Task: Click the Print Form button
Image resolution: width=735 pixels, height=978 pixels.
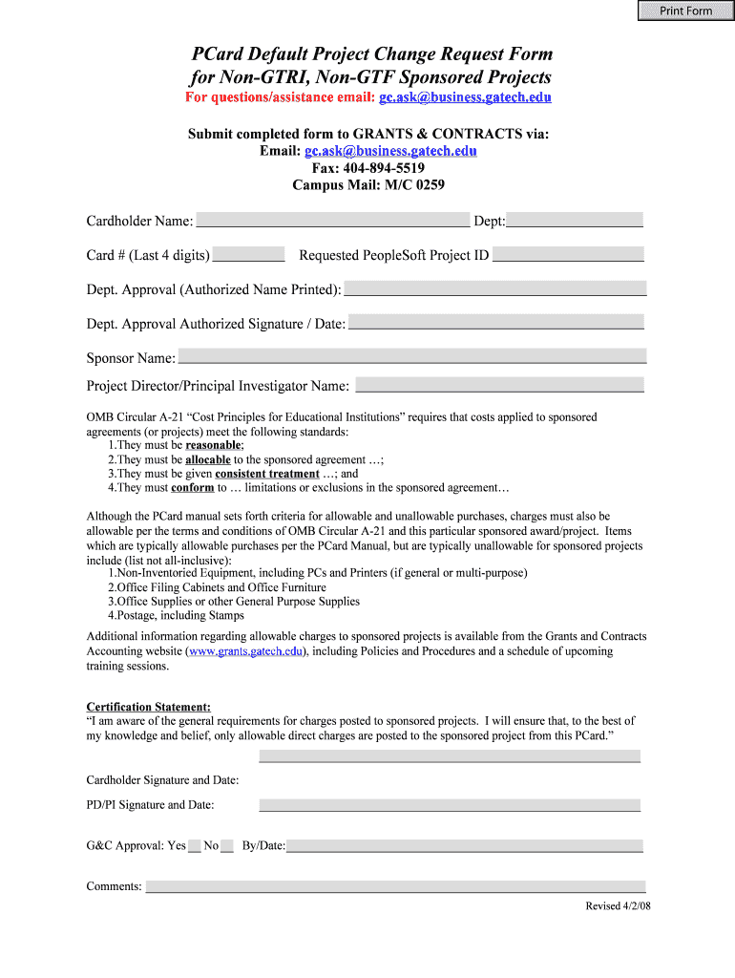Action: [685, 11]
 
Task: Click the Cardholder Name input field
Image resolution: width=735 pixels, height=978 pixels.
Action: [332, 220]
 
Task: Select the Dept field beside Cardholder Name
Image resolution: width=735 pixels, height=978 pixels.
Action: [575, 220]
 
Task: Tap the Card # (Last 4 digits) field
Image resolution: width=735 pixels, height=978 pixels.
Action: [248, 254]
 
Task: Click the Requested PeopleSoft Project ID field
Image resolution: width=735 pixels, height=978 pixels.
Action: [568, 254]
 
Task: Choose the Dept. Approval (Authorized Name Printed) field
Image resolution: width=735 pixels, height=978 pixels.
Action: [495, 288]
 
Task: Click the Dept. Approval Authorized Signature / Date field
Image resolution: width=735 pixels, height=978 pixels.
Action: [496, 323]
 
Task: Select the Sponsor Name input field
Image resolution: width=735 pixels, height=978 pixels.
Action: [412, 356]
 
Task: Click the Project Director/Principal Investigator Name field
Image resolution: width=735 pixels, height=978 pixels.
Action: [499, 385]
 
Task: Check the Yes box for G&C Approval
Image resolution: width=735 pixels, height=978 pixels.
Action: [194, 845]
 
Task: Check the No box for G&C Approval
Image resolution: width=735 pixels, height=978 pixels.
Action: [226, 845]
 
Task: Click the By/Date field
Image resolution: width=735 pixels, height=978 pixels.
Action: [465, 845]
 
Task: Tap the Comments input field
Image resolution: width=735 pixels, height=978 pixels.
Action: [395, 885]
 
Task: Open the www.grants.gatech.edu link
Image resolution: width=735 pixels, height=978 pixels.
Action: [246, 651]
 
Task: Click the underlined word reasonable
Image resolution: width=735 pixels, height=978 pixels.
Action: [214, 445]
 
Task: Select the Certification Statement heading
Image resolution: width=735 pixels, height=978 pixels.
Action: [149, 707]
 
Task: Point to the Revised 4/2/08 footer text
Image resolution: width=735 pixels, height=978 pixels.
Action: [618, 905]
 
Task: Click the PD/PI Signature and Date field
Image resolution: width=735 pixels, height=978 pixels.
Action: [450, 804]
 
